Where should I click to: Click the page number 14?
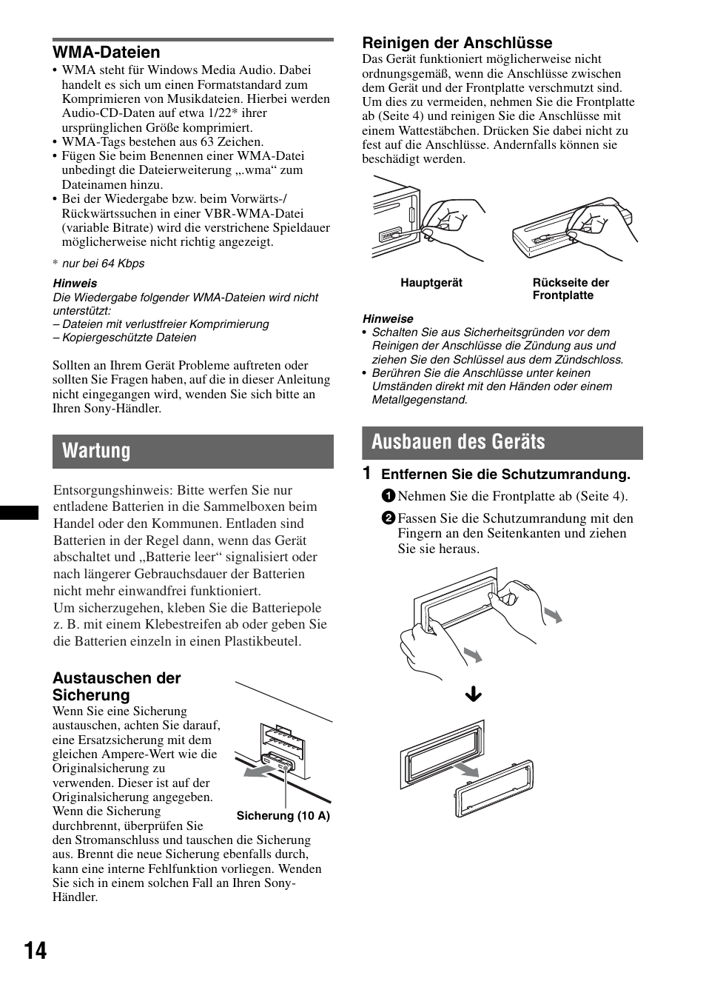[x=35, y=951]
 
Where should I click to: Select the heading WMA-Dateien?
[x=106, y=53]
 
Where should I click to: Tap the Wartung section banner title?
[x=96, y=451]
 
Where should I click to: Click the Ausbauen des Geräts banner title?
[x=458, y=442]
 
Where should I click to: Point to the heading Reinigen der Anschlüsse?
[x=457, y=43]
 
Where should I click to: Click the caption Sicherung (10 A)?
[x=283, y=816]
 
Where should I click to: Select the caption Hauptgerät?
[x=431, y=283]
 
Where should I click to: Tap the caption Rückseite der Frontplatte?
[x=570, y=289]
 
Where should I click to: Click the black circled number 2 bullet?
[x=389, y=518]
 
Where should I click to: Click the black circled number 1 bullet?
[x=389, y=497]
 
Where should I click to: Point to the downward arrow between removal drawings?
[x=473, y=694]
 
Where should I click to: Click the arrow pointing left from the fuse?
[x=260, y=772]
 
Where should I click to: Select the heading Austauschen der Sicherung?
[x=116, y=686]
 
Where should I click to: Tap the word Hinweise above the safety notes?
[x=388, y=319]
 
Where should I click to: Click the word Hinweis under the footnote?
[x=75, y=284]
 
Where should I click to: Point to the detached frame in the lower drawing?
[x=494, y=788]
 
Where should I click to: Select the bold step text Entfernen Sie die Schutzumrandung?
[x=505, y=475]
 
